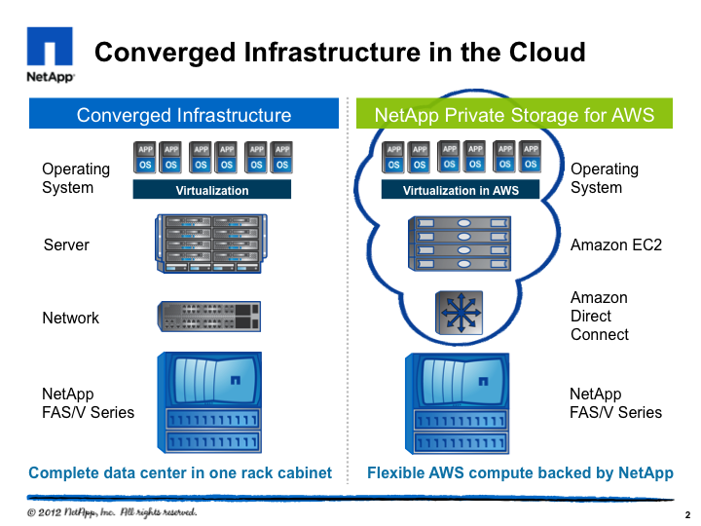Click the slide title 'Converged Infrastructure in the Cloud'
pos(340,52)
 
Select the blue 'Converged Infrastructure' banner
pos(184,115)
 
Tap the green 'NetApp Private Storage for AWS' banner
pos(515,115)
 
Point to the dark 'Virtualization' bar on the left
pos(211,191)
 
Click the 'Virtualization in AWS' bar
pos(460,191)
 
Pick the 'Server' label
pos(66,244)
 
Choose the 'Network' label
pos(70,318)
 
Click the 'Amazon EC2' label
pos(615,244)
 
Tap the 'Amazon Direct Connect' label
pos(599,316)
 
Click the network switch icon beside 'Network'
pos(209,316)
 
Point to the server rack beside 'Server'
pos(209,244)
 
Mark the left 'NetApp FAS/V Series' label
pos(88,403)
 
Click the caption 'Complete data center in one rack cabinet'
pos(180,473)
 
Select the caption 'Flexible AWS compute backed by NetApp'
pos(520,473)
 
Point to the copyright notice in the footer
pos(112,511)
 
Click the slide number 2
pos(687,514)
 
